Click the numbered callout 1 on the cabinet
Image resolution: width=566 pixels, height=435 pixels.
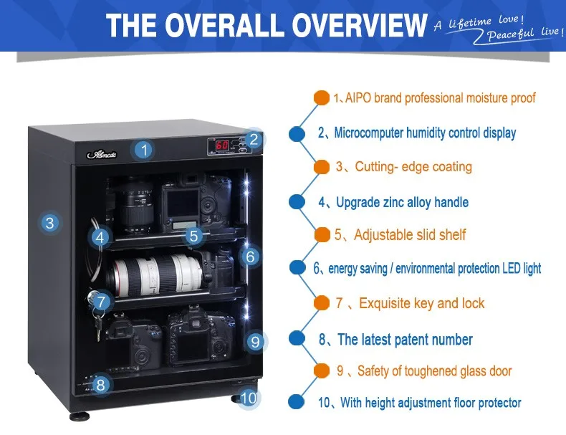tap(144, 150)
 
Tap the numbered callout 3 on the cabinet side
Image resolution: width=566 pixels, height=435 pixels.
tap(50, 223)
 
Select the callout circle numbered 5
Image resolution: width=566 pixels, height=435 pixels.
tap(194, 236)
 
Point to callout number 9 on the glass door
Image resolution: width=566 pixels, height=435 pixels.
tap(255, 342)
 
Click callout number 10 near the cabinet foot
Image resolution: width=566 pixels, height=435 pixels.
tap(249, 398)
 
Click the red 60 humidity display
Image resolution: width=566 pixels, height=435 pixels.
tap(222, 145)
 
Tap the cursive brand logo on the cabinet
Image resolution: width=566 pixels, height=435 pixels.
tap(102, 154)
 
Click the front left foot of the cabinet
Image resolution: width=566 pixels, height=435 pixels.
tap(80, 416)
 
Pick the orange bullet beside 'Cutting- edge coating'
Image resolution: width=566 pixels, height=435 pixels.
tap(322, 167)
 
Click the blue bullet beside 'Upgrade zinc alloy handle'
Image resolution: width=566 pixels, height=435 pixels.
tap(297, 202)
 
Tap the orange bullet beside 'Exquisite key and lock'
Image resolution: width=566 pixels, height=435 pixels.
tap(322, 303)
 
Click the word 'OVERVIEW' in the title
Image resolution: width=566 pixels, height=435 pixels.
tap(359, 25)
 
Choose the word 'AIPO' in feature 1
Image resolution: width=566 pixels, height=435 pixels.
tap(358, 98)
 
